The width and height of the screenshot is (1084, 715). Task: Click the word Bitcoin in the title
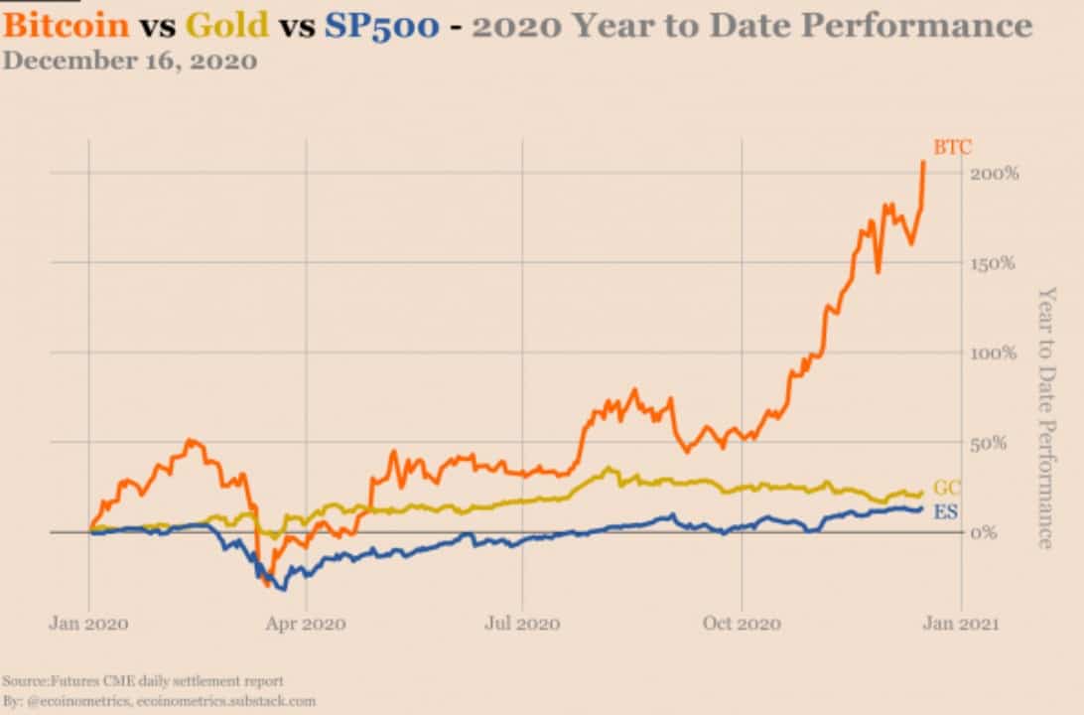click(67, 25)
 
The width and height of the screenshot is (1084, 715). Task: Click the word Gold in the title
click(227, 25)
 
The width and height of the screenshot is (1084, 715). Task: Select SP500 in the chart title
click(381, 25)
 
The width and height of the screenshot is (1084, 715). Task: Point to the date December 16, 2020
click(130, 62)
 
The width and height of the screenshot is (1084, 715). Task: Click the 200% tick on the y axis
click(996, 174)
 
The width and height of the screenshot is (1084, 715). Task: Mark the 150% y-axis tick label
click(996, 263)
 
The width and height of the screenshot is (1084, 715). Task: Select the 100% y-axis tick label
click(996, 353)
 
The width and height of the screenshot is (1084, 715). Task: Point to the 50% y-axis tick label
click(993, 443)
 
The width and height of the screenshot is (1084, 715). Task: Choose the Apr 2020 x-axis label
click(307, 624)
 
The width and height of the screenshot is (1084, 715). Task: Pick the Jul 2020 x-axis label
click(523, 624)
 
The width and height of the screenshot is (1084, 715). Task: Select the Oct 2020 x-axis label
click(743, 624)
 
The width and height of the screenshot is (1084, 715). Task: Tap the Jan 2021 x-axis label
click(959, 624)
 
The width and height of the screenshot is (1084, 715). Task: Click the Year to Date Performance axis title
click(1045, 417)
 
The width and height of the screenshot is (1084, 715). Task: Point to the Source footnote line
click(143, 681)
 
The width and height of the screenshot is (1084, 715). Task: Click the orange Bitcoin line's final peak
click(923, 162)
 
